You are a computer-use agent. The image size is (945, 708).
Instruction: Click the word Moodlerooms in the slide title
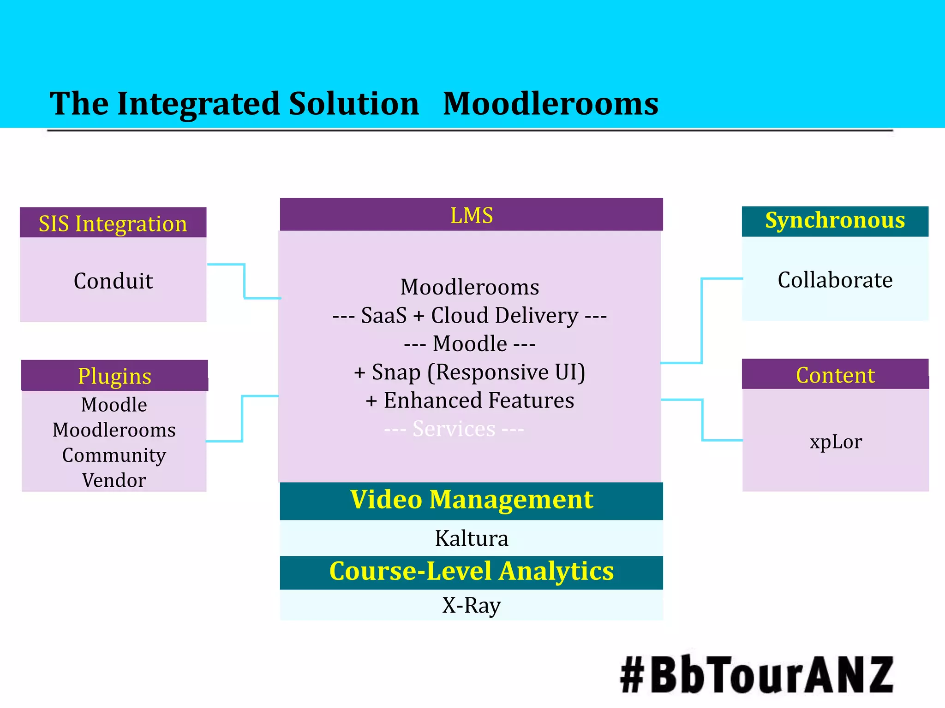[550, 104]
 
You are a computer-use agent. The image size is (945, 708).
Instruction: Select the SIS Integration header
[113, 224]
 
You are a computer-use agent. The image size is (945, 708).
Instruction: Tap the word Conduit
[113, 281]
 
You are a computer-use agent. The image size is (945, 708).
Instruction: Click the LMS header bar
[471, 215]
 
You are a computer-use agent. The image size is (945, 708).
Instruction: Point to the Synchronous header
[835, 221]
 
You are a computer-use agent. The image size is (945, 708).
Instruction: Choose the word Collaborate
[835, 280]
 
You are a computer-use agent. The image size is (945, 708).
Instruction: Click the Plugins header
[114, 376]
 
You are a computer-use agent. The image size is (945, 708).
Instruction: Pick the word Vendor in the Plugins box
[114, 480]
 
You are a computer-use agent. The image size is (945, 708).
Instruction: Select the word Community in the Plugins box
[114, 455]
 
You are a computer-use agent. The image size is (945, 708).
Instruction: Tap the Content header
[835, 375]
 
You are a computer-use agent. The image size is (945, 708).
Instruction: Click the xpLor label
[835, 442]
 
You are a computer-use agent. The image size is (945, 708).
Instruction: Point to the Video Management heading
[471, 500]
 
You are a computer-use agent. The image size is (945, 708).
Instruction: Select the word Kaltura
[471, 538]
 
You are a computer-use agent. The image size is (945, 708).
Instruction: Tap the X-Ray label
[471, 605]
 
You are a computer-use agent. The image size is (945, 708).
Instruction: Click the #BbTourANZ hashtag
[757, 675]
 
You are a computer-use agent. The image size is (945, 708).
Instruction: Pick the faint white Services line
[454, 429]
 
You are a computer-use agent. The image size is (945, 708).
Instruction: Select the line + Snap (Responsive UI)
[469, 372]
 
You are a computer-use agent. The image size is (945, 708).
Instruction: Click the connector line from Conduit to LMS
[245, 281]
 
